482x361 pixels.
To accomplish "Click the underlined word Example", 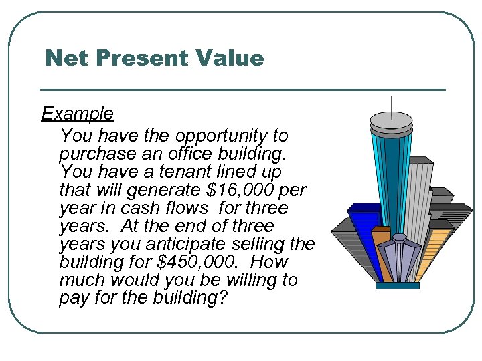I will (x=77, y=114).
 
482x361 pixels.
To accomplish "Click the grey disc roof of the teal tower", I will (x=391, y=121).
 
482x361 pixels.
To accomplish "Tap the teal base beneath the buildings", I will (x=398, y=285).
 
